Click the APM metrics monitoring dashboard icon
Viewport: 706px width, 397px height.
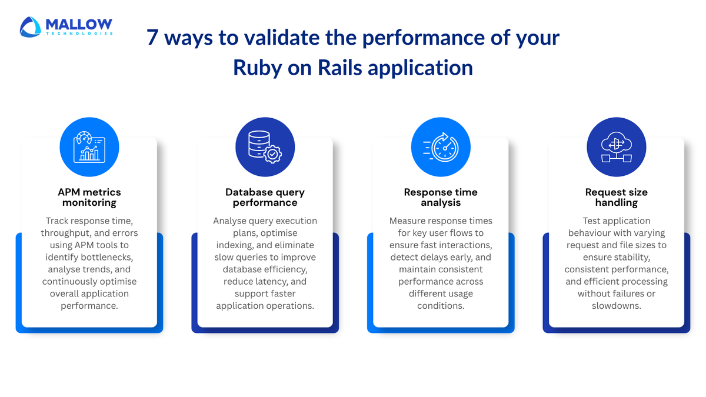pos(89,147)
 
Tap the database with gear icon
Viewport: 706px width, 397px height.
pos(265,147)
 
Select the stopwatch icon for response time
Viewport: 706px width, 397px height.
pos(440,147)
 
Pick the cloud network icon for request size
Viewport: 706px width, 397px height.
pos(616,147)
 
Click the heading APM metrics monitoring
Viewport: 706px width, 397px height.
pos(89,198)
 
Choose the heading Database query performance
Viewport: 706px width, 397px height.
pos(265,198)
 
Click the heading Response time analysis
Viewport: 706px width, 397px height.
pos(440,198)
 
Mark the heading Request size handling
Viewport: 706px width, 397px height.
pos(616,198)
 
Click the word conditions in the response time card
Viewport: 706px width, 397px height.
pos(441,306)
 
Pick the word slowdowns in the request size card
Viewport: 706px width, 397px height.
pos(616,306)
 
